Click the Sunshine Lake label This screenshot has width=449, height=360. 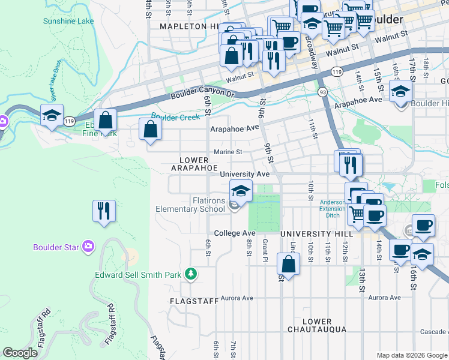pos(68,21)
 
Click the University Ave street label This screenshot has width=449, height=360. pos(244,174)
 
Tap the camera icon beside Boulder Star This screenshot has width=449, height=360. pos(88,246)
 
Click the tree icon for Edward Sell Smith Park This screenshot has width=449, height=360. pos(191,274)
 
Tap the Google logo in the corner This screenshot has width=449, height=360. pos(20,352)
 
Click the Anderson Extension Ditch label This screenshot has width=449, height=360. pos(332,209)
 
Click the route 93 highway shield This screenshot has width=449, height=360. pos(323,92)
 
